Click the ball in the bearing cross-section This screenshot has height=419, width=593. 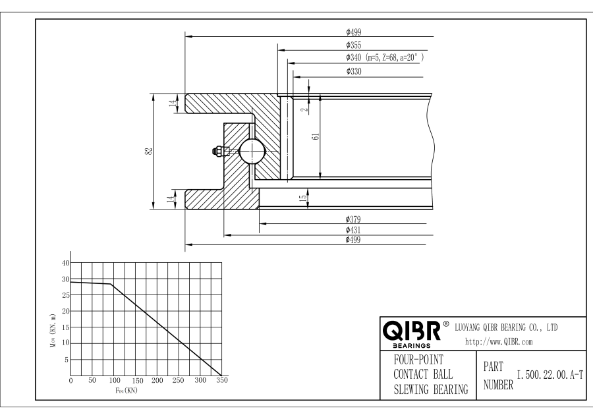pos(251,151)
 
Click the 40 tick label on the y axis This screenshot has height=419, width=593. pos(65,262)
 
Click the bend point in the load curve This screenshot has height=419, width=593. pos(111,284)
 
